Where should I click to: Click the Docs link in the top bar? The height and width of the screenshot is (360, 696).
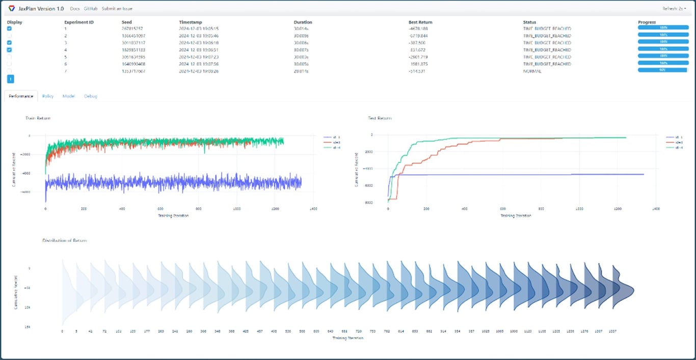pyautogui.click(x=74, y=9)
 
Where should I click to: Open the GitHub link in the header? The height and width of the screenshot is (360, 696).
pyautogui.click(x=90, y=9)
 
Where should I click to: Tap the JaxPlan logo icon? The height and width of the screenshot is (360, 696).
pyautogui.click(x=12, y=9)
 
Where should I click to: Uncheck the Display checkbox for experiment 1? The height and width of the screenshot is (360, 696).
pyautogui.click(x=9, y=29)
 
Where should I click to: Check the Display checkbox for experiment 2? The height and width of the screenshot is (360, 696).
pyautogui.click(x=9, y=36)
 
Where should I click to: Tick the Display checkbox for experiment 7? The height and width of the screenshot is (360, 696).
pyautogui.click(x=9, y=71)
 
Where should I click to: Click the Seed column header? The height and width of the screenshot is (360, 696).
pyautogui.click(x=126, y=22)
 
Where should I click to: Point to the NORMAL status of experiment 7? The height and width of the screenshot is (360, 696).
pyautogui.click(x=533, y=71)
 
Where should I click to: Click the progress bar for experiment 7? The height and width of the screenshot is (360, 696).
pyautogui.click(x=662, y=70)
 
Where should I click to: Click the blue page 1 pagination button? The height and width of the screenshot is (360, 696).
pyautogui.click(x=11, y=79)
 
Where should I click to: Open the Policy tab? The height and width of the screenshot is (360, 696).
pyautogui.click(x=48, y=96)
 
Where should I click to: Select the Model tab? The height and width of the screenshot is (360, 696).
pyautogui.click(x=69, y=96)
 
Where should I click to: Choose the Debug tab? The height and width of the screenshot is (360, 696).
pyautogui.click(x=90, y=96)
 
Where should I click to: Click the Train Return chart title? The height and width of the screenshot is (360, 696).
pyautogui.click(x=38, y=118)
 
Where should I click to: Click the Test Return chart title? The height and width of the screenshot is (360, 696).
pyautogui.click(x=380, y=118)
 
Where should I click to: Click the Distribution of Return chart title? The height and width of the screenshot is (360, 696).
pyautogui.click(x=65, y=240)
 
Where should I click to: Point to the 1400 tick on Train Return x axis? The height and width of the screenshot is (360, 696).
pyautogui.click(x=313, y=209)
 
